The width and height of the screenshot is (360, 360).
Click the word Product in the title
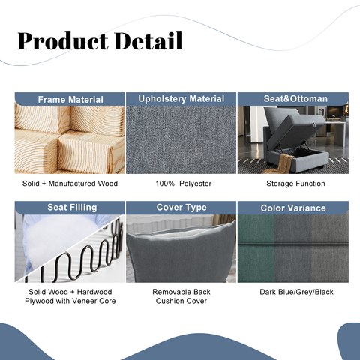pyautogui.click(x=61, y=41)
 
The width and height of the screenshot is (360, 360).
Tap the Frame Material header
pyautogui.click(x=70, y=99)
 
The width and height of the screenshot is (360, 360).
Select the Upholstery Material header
pyautogui.click(x=181, y=98)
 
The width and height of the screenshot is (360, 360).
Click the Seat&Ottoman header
pyautogui.click(x=292, y=99)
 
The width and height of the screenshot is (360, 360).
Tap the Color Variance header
pyautogui.click(x=292, y=208)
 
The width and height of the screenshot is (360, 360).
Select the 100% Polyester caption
pyautogui.click(x=181, y=184)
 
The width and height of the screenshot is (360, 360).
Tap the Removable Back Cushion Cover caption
pyautogui.click(x=181, y=296)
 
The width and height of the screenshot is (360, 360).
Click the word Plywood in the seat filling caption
pyautogui.click(x=39, y=301)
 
